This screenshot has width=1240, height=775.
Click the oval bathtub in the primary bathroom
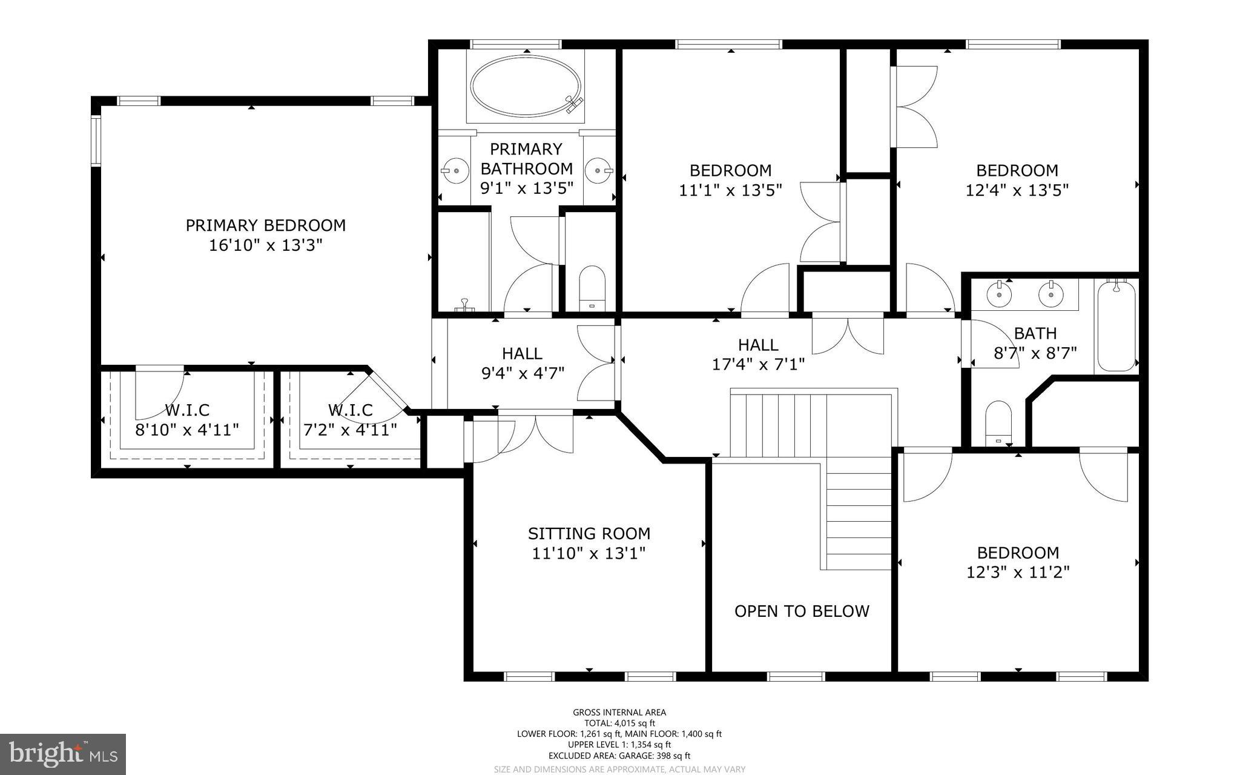(526, 86)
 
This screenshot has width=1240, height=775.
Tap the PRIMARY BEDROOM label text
(265, 225)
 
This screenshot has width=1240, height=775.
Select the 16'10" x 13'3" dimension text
(265, 245)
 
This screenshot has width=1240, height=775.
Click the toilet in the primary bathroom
(592, 288)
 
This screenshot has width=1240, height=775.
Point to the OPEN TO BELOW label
(802, 611)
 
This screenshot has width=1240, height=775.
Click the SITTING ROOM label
(589, 533)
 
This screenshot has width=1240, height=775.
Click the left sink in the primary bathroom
(453, 171)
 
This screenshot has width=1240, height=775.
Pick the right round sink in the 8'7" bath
(1051, 294)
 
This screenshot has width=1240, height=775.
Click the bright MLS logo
(62, 754)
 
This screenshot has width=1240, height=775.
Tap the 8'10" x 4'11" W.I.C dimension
(186, 430)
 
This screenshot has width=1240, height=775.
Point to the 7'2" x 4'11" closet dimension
(350, 430)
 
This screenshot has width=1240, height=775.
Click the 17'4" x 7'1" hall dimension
(758, 364)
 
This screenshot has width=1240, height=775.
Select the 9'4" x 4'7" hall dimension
(523, 373)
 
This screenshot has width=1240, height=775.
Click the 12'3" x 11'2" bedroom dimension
(1018, 572)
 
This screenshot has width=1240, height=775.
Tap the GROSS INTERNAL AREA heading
(619, 713)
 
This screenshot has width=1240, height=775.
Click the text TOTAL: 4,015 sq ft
(619, 723)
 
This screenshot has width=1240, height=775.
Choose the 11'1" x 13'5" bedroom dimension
(730, 190)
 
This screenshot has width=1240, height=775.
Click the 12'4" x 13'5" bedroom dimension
(1017, 190)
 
